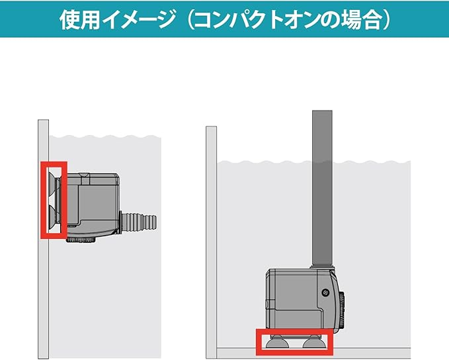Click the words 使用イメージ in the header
[118, 20]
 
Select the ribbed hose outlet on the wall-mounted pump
[138, 221]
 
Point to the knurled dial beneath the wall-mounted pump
[81, 240]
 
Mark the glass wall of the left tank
[43, 239]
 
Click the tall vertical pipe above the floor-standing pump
[323, 188]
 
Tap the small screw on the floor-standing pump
[325, 292]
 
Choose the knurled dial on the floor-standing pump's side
[342, 311]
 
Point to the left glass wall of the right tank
[212, 242]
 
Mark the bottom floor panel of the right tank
[313, 353]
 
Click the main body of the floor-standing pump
[304, 301]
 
